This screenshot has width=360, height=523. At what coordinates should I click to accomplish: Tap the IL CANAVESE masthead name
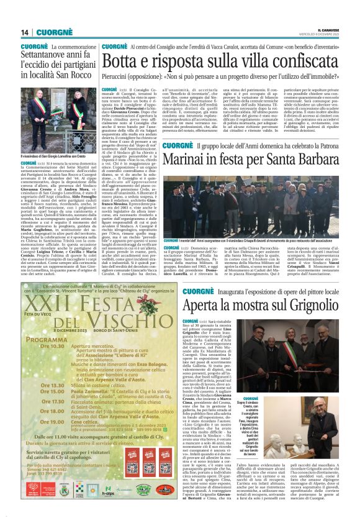[x=333, y=30]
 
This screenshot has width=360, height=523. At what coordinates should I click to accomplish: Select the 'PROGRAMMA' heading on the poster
[x=44, y=340]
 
